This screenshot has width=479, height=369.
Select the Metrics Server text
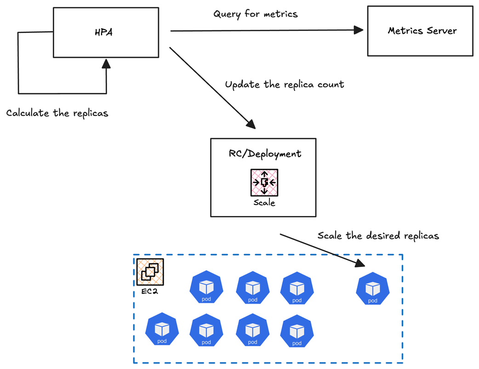pos(422,31)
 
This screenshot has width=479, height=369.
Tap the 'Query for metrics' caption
pos(256,14)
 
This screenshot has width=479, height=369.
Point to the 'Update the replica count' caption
pos(285,85)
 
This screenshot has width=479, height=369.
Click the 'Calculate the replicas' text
pos(57,113)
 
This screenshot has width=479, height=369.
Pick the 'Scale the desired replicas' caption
pos(378,236)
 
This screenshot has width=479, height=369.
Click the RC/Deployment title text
pos(265,153)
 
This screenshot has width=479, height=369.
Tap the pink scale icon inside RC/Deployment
pos(264,182)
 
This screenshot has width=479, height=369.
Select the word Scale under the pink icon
pos(264,202)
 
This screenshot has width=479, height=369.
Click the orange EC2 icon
pos(150,272)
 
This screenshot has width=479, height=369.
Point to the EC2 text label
pos(149,291)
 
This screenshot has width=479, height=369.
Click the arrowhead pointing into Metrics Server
pos(359,31)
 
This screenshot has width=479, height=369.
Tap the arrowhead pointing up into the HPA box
pos(106,64)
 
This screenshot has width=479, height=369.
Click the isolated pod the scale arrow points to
pos(372,288)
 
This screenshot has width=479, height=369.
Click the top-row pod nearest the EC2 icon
pos(206,288)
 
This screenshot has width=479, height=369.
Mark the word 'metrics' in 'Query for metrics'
pos(280,14)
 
